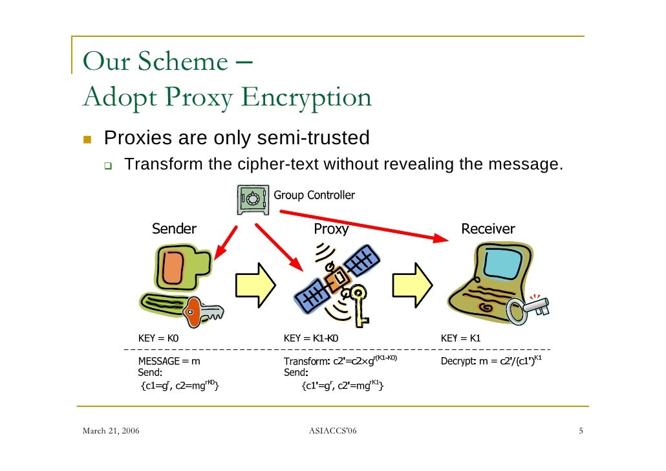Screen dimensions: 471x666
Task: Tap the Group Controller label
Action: (314, 195)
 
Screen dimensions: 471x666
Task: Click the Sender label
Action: (174, 228)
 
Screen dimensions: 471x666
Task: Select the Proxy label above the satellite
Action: (331, 229)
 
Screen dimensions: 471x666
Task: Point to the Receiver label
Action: (488, 228)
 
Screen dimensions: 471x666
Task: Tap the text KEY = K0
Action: (158, 338)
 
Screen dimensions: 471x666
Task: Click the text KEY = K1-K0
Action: (311, 338)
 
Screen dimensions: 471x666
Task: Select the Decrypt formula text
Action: (490, 360)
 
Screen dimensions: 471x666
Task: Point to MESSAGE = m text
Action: (169, 361)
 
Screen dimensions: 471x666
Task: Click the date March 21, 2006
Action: (113, 431)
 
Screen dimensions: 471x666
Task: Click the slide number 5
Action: (581, 431)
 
